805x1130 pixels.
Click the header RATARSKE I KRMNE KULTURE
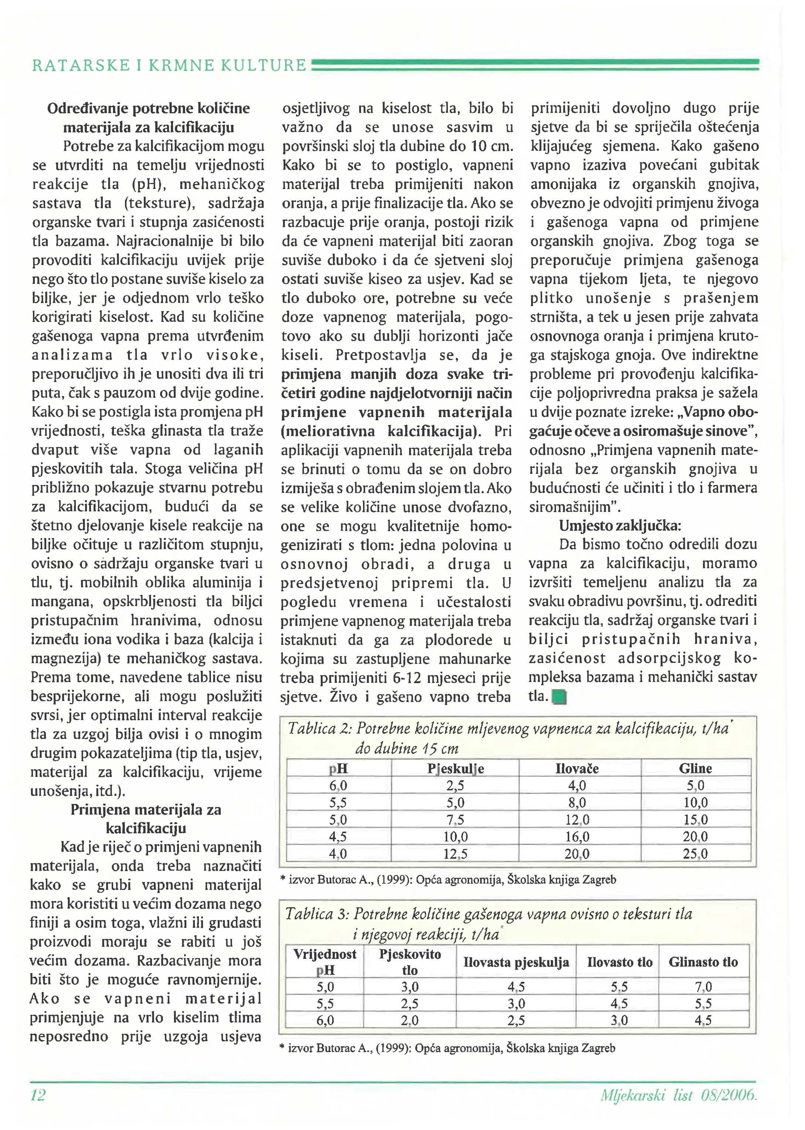(169, 65)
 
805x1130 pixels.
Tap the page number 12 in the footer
(38, 1095)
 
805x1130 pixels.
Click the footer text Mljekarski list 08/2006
(679, 1095)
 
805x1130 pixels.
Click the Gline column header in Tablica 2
(696, 769)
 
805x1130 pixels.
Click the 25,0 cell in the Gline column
(696, 854)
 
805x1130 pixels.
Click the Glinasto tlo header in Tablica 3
(703, 962)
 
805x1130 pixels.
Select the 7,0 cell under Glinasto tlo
(703, 987)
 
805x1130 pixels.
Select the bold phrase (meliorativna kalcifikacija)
(381, 431)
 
